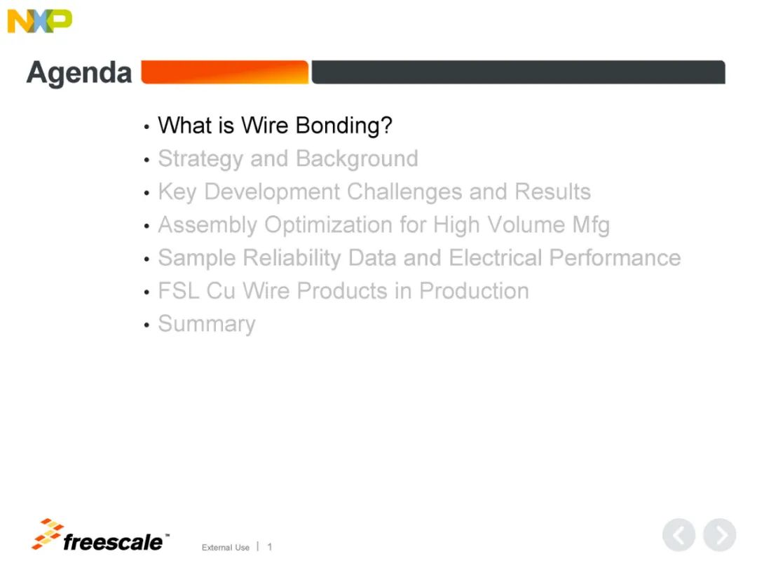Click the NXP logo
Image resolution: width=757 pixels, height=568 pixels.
pyautogui.click(x=39, y=21)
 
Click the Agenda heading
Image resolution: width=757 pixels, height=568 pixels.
pyautogui.click(x=79, y=73)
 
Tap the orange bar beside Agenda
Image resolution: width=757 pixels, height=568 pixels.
pyautogui.click(x=224, y=72)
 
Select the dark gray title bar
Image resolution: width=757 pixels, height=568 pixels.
pyautogui.click(x=518, y=72)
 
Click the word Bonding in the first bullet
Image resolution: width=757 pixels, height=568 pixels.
pyautogui.click(x=343, y=126)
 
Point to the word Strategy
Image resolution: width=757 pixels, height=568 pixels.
pyautogui.click(x=200, y=159)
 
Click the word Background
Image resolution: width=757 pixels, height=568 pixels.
pyautogui.click(x=357, y=159)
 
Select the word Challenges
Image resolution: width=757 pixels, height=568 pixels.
pyautogui.click(x=404, y=192)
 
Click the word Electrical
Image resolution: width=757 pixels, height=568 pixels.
pyautogui.click(x=496, y=258)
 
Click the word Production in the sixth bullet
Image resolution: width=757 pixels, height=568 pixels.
pyautogui.click(x=474, y=291)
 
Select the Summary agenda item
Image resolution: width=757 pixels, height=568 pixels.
pyautogui.click(x=207, y=324)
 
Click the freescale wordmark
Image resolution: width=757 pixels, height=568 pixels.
pyautogui.click(x=114, y=542)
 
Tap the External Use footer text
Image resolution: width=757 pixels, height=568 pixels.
pyautogui.click(x=226, y=547)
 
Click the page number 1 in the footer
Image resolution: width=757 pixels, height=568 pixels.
pyautogui.click(x=269, y=547)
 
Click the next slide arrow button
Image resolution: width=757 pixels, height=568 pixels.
pyautogui.click(x=720, y=534)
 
